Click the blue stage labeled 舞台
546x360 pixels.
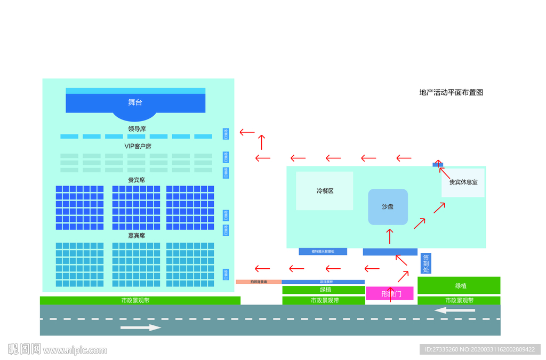[135, 102]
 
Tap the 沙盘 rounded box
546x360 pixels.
[388, 206]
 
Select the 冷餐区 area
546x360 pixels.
[325, 191]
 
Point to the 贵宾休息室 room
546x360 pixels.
[463, 182]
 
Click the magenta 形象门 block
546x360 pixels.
[390, 293]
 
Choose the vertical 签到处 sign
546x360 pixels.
[425, 263]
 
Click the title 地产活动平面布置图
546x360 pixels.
[451, 92]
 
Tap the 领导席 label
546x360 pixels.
[137, 129]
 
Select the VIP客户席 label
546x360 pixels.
[138, 146]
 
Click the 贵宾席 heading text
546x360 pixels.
[136, 180]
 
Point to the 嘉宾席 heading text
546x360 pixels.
[136, 235]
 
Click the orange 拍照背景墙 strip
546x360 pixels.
[259, 282]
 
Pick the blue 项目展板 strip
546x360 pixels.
[323, 282]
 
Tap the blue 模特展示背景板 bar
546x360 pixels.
[323, 251]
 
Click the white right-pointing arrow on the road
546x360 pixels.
[140, 327]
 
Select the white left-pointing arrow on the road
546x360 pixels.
[455, 310]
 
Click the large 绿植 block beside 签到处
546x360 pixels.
[459, 285]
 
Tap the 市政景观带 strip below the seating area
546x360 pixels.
[140, 300]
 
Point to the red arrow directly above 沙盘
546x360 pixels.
[390, 236]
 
